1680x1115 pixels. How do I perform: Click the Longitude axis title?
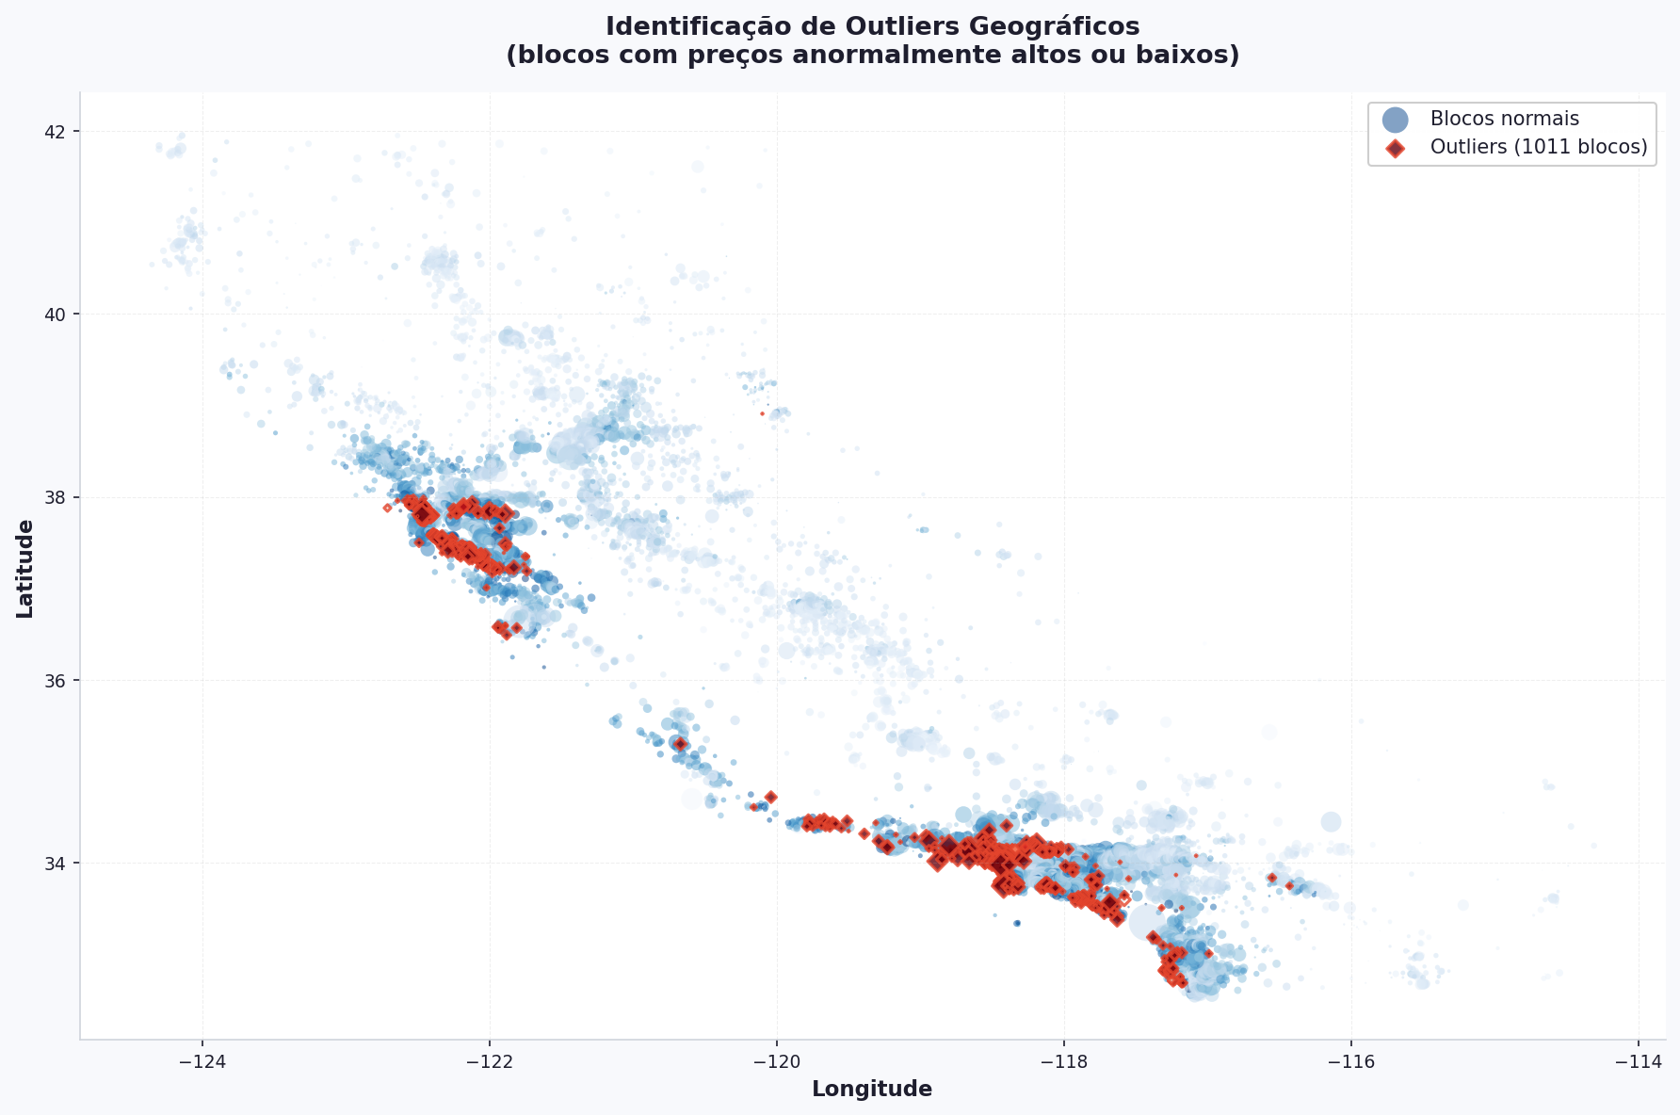872,1090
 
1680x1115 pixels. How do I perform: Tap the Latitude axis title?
25,569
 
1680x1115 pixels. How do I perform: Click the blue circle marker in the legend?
1395,120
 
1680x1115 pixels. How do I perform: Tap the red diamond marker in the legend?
1395,148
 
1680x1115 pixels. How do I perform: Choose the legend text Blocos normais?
1504,120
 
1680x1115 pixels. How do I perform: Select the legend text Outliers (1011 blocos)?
1539,148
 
